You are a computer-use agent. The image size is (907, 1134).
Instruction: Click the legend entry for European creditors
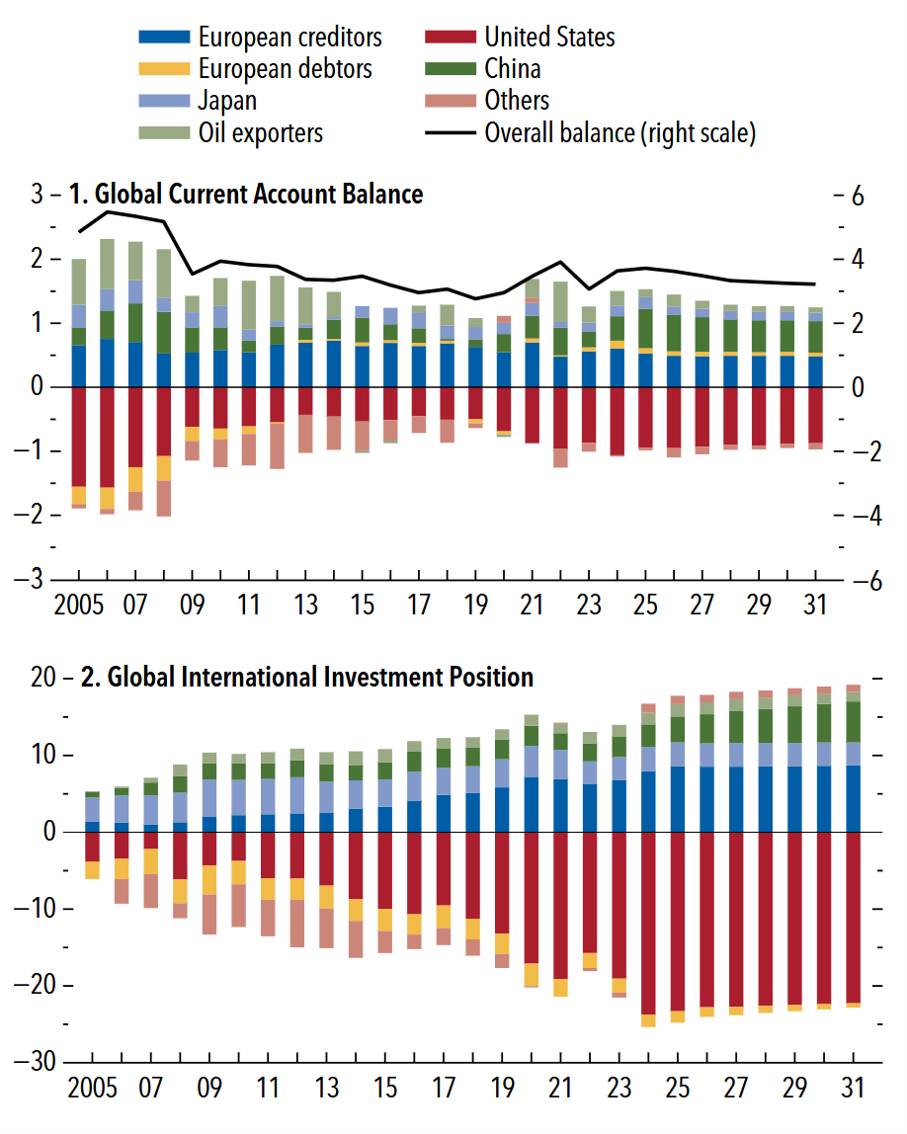tap(261, 37)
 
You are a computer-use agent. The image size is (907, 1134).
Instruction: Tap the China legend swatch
tap(450, 69)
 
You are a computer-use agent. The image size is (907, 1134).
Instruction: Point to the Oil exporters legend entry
tap(231, 132)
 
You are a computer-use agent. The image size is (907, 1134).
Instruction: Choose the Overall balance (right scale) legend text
tap(619, 133)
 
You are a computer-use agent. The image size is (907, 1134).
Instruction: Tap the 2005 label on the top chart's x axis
tap(79, 605)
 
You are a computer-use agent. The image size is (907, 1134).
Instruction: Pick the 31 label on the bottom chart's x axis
tap(853, 1087)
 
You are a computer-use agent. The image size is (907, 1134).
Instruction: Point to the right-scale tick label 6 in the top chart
tap(858, 196)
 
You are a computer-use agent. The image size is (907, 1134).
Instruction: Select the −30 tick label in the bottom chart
tap(35, 1062)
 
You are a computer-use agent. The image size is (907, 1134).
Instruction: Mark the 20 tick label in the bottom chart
tap(42, 677)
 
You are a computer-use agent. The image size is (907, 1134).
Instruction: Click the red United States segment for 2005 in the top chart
tap(79, 436)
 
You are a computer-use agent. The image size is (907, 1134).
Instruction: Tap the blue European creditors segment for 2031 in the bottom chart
tap(854, 798)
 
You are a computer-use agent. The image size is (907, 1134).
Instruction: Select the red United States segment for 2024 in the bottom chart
tap(648, 923)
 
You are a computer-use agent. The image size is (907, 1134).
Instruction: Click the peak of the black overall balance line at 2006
tap(108, 211)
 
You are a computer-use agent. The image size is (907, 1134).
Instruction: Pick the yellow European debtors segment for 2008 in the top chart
tap(164, 468)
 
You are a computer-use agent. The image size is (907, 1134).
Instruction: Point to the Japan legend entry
tap(198, 101)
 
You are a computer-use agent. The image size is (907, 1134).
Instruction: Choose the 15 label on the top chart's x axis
tap(363, 605)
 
